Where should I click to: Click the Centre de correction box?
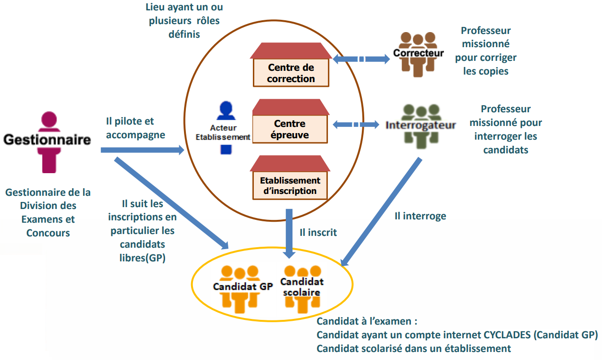(x=291, y=73)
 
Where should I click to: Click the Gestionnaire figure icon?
(x=49, y=142)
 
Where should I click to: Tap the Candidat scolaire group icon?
(x=302, y=288)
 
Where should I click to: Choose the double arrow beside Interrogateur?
(x=356, y=125)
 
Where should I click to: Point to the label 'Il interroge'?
(x=420, y=216)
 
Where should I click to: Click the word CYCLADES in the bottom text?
(x=508, y=335)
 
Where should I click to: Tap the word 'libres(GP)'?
(x=142, y=258)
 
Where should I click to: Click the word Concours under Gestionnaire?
(x=48, y=233)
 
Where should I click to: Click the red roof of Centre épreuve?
(x=290, y=107)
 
